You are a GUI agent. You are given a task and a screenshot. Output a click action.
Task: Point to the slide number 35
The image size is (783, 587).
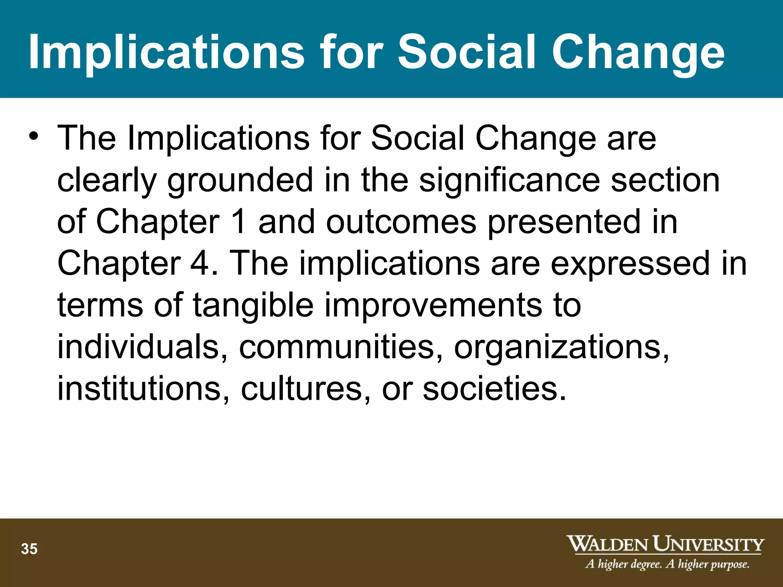[29, 549]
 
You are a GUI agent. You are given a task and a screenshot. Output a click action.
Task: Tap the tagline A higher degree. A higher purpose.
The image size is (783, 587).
[667, 564]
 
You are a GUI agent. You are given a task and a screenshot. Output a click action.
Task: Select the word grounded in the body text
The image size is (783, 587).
[240, 180]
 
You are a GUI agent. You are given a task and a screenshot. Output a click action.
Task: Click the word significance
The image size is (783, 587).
[509, 180]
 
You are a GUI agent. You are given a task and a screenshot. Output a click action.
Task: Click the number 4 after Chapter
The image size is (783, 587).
[200, 263]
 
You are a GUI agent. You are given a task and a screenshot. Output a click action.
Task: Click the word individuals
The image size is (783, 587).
[142, 347]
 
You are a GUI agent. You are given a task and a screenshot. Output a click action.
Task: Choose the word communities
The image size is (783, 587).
[340, 347]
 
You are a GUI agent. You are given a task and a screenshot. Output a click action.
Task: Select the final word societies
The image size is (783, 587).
[493, 388]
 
